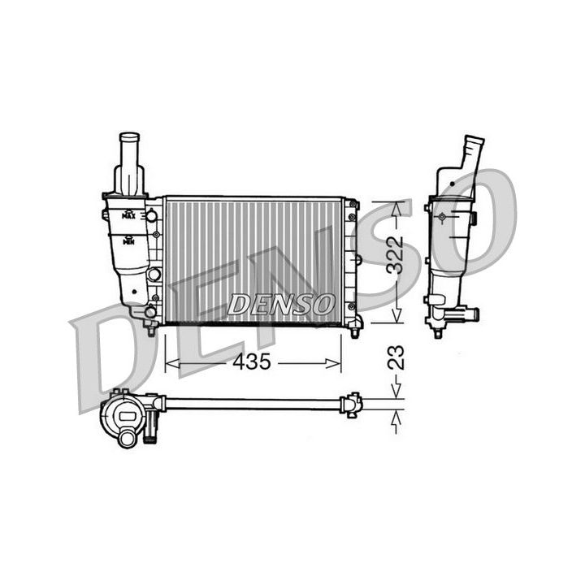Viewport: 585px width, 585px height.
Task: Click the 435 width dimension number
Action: tap(251, 363)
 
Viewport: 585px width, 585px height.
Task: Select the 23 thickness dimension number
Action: tap(395, 358)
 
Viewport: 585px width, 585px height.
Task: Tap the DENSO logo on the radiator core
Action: tap(280, 305)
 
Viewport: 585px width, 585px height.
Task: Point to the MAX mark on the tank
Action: tap(128, 216)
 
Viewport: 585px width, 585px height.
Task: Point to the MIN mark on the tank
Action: tap(128, 240)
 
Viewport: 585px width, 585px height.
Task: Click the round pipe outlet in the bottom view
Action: tap(128, 440)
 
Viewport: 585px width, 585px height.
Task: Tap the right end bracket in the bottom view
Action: tap(352, 403)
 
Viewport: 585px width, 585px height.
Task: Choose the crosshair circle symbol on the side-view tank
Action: tap(442, 218)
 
